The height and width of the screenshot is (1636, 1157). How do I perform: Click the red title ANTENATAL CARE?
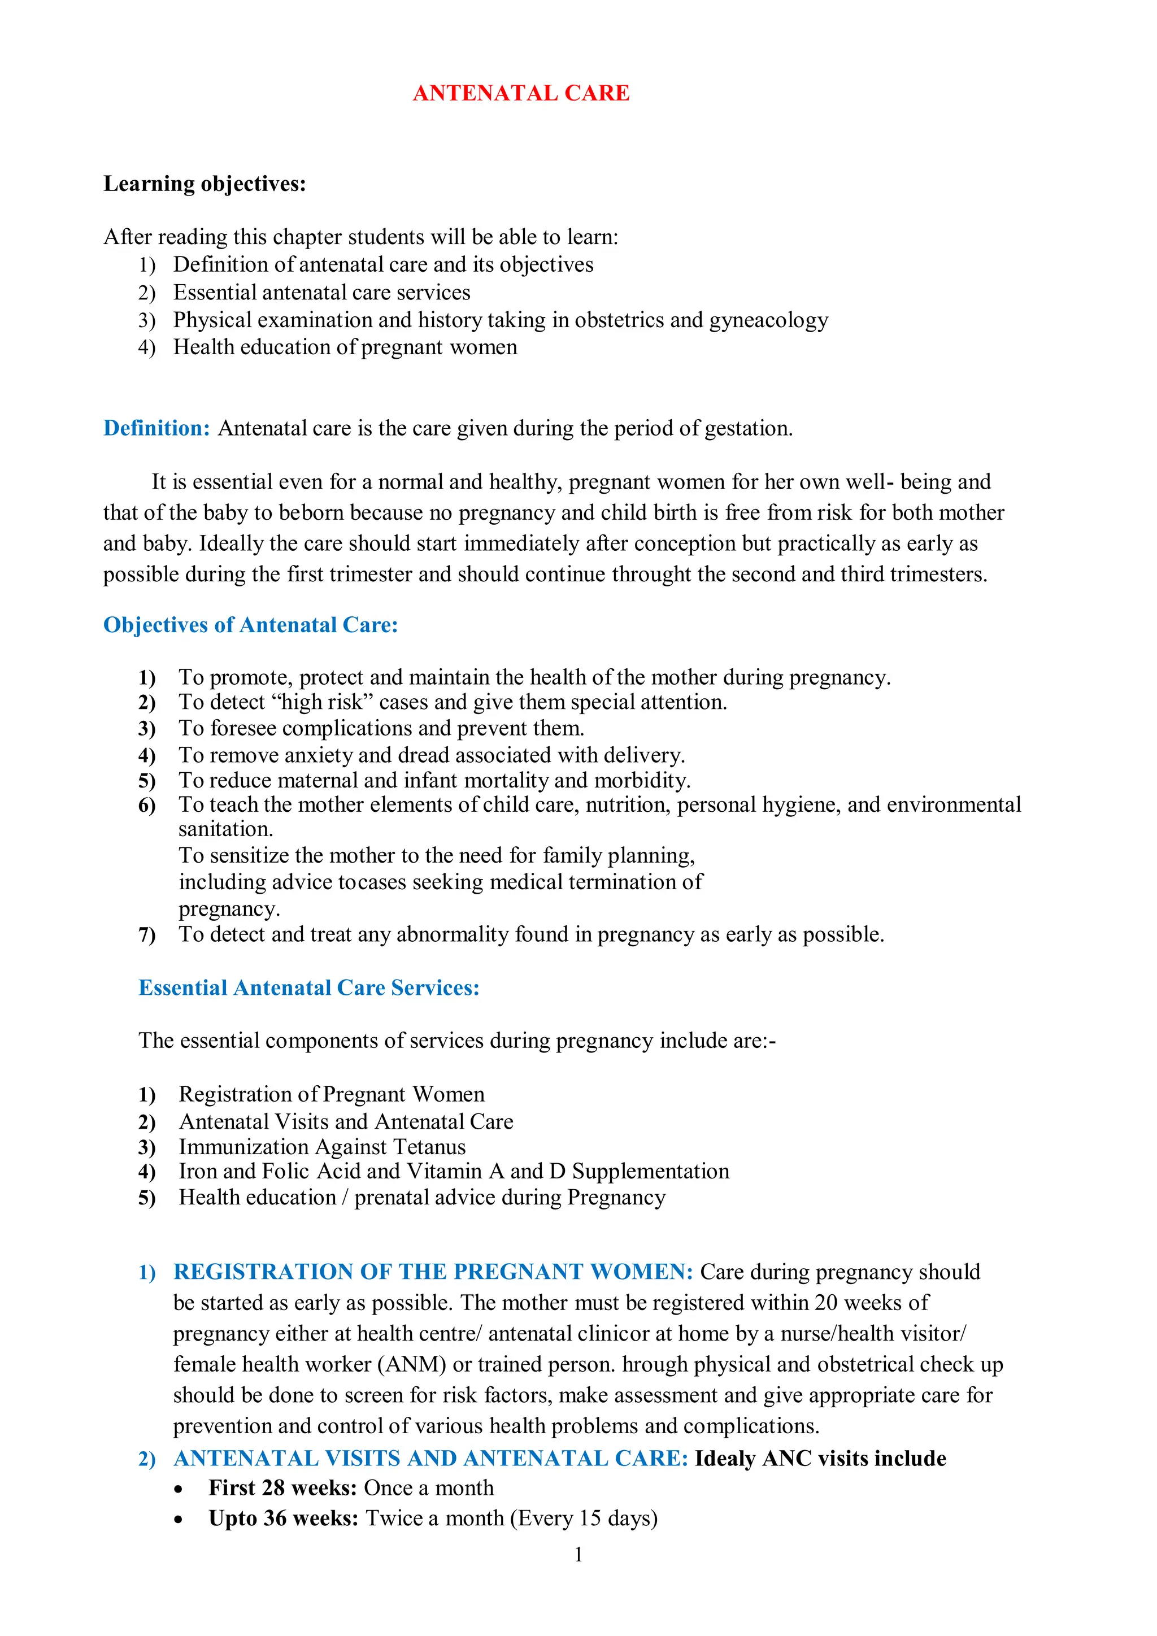(521, 93)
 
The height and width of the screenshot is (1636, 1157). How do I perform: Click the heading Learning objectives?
(205, 184)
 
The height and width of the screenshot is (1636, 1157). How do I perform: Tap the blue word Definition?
(156, 428)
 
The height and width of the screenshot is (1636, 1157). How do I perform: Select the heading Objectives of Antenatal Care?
(250, 625)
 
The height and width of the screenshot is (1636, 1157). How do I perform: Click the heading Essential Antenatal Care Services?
(308, 987)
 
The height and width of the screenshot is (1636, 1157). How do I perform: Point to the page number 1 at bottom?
(578, 1554)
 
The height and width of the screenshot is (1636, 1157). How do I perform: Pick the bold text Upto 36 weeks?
(283, 1518)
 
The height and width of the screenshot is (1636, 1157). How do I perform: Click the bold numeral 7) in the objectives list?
(147, 935)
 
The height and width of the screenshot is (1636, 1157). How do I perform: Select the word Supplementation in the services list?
(650, 1172)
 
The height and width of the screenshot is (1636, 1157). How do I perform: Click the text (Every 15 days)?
(584, 1518)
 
